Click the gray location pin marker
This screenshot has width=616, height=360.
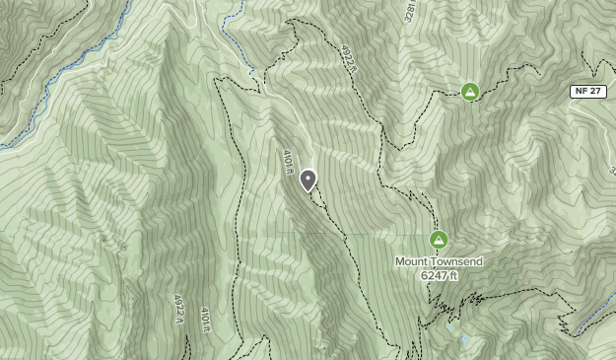(x=308, y=180)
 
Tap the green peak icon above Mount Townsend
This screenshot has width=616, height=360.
(x=439, y=240)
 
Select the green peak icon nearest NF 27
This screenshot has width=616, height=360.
(x=470, y=92)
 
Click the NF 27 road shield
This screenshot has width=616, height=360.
(x=587, y=92)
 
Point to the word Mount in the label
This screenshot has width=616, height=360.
(x=413, y=261)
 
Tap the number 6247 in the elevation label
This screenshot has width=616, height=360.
(x=434, y=275)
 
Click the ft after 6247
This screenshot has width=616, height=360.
(x=453, y=275)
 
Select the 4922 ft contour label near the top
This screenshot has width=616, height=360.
(x=347, y=58)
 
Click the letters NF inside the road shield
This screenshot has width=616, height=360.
(x=581, y=92)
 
